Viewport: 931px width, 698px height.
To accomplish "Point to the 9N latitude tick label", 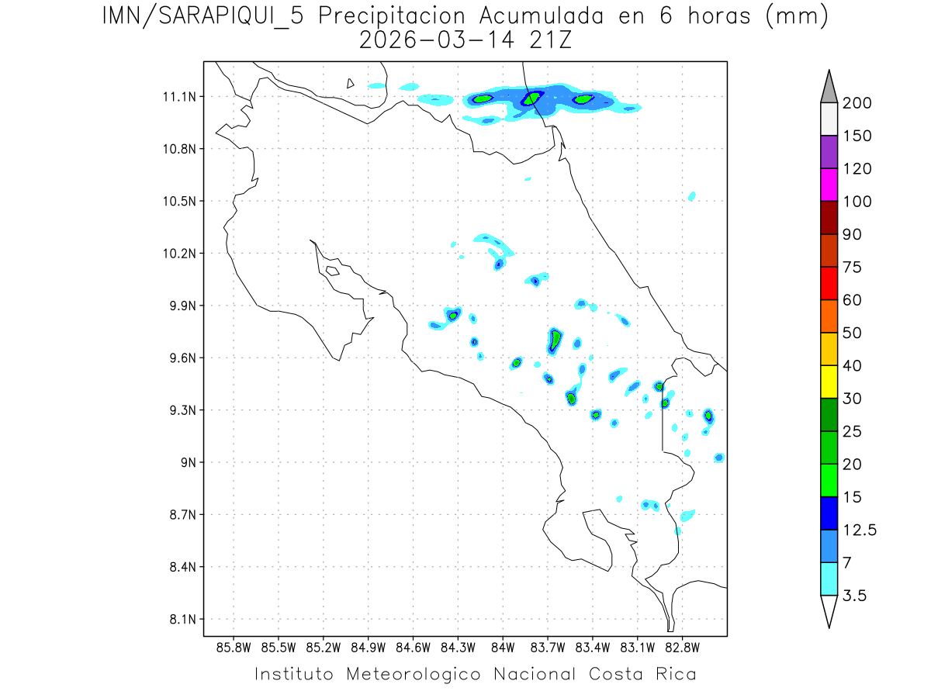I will click(x=189, y=462).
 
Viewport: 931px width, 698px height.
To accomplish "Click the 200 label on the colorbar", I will click(x=857, y=103).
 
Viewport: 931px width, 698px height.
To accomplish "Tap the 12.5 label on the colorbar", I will click(x=860, y=530).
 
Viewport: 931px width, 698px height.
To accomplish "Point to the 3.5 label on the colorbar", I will click(x=856, y=596).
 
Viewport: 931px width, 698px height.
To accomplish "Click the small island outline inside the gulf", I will click(x=332, y=271).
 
